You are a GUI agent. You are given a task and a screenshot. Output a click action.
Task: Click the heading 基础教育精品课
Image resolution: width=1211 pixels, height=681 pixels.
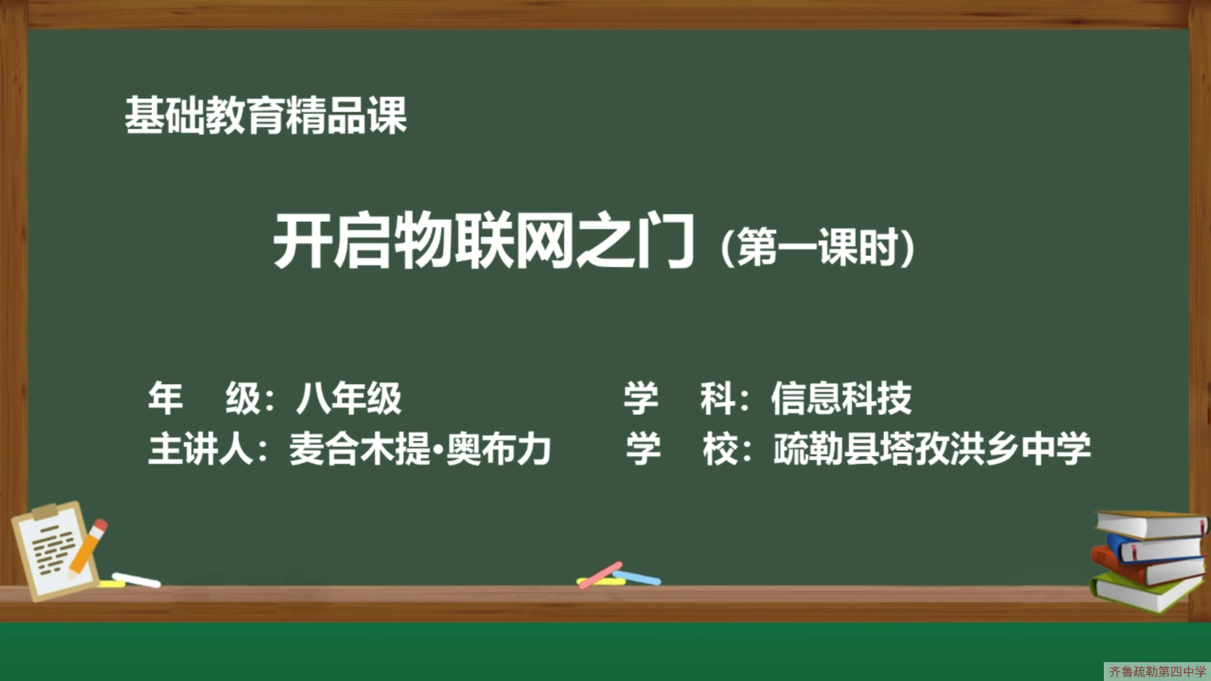266,115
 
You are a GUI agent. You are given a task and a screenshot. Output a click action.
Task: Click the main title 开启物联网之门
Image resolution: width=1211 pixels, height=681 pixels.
484,242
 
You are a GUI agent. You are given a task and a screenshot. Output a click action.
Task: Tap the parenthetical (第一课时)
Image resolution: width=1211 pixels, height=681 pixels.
817,247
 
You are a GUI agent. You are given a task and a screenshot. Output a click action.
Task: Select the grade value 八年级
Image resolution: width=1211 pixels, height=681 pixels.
349,399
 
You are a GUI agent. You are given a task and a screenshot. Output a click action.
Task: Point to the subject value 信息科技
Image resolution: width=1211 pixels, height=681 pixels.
841,399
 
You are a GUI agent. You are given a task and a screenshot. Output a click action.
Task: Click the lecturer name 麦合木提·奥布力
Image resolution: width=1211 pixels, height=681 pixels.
420,449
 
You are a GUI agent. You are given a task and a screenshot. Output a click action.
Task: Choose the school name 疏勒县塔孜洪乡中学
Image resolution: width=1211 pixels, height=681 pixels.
932,449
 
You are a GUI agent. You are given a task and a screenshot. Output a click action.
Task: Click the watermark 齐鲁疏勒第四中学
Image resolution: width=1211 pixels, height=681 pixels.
1157,672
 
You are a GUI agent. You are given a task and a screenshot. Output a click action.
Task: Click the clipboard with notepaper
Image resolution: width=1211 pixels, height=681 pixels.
56,550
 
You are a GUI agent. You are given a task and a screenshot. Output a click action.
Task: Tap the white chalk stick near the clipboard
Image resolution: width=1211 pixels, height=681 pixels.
136,579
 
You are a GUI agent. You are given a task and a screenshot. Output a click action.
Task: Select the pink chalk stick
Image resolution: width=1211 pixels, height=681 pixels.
600,574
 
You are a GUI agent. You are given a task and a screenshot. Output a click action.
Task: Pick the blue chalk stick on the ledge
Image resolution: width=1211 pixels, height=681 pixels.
637,577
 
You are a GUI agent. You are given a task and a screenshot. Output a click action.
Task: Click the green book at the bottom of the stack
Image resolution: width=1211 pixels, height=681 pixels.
1147,591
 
